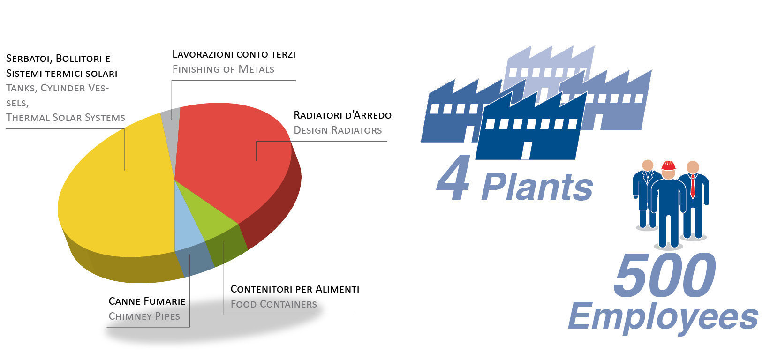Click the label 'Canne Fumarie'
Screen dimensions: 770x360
(x=147, y=301)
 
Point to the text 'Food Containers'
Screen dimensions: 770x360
(x=273, y=304)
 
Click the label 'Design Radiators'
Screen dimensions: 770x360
(x=338, y=130)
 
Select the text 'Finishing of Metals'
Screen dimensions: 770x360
(x=223, y=69)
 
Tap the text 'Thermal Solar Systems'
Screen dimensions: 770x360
(x=65, y=118)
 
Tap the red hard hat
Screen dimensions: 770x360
(x=669, y=165)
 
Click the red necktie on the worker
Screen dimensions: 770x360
(x=693, y=187)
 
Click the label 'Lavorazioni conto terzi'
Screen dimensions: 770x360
(x=234, y=54)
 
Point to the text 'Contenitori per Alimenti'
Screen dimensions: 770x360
(x=294, y=289)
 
